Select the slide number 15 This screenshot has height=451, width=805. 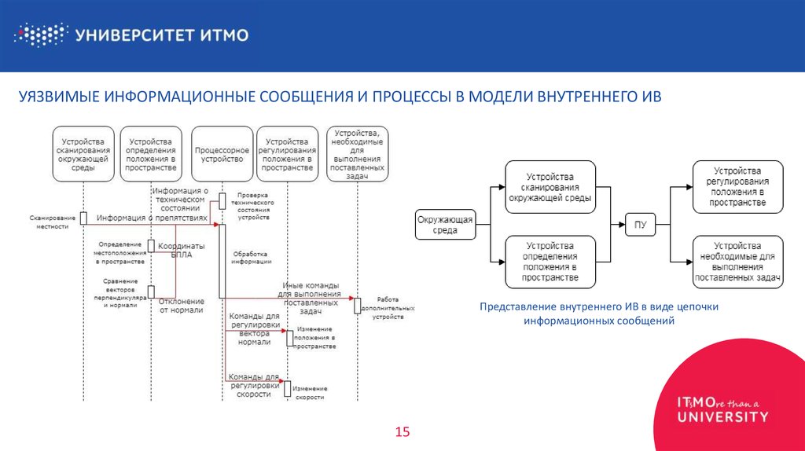[402, 432]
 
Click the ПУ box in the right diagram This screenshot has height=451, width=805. [641, 225]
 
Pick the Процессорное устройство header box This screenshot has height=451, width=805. [222, 154]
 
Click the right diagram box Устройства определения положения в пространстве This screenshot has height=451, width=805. [550, 262]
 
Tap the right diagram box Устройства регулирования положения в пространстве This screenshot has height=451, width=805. [737, 187]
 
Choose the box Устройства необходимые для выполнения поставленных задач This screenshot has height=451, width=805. [737, 262]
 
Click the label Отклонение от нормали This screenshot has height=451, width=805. [182, 305]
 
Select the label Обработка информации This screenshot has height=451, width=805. [250, 258]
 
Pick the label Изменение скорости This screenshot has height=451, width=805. [310, 393]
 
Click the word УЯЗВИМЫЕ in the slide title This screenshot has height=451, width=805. [58, 97]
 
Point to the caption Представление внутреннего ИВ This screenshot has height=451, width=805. [599, 306]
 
